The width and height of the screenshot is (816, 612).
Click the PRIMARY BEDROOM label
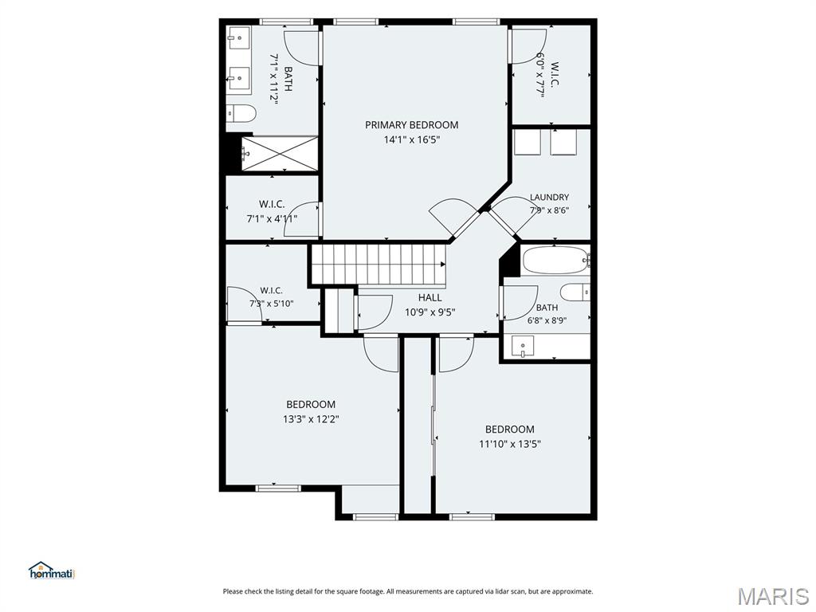coord(412,125)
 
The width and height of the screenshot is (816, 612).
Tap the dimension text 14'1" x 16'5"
coord(412,139)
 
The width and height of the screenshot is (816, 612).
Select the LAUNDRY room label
coord(549,198)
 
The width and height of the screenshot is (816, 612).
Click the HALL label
coord(430,298)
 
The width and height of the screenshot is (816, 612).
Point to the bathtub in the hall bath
coord(555,260)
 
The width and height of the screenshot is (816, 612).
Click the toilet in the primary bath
coord(241,113)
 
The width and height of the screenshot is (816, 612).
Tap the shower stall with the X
coord(280,154)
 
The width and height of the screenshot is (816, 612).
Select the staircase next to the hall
coord(379,265)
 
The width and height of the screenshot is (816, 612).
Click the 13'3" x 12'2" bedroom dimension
coord(312,419)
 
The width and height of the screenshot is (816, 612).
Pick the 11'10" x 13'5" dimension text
coord(510,444)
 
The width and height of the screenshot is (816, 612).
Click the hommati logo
coord(52,571)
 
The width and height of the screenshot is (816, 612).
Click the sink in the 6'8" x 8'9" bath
coord(523,346)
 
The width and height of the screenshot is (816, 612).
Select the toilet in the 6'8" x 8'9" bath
coord(575,292)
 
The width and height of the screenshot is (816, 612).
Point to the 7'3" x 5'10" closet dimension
coord(271,303)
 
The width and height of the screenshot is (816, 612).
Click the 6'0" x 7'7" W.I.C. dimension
coord(541,75)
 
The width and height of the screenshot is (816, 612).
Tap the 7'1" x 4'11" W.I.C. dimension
coord(272,218)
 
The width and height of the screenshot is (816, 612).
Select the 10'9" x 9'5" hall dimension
coord(430,312)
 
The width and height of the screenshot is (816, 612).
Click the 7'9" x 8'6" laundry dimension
coord(549,210)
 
